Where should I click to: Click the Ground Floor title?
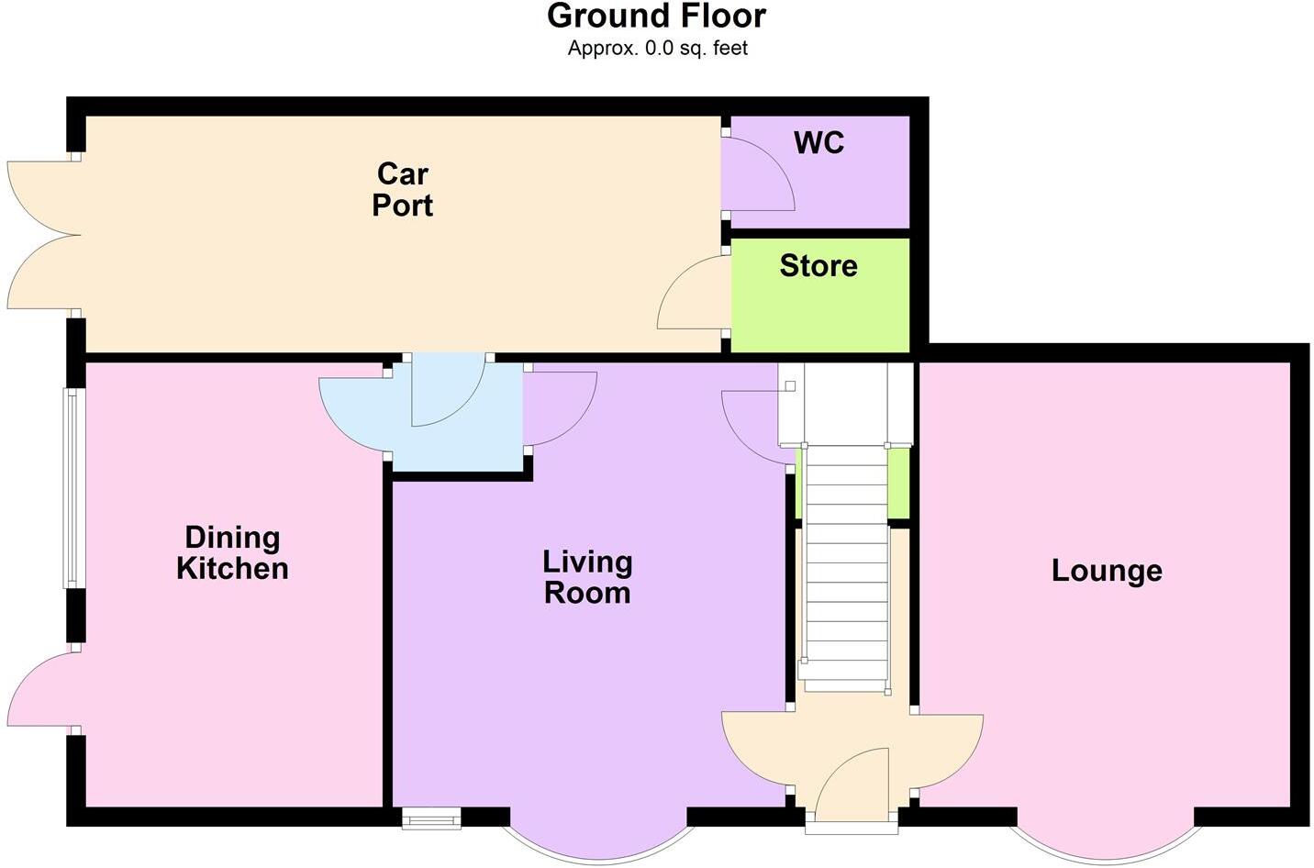click(656, 17)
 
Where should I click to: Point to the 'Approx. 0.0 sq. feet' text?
click(656, 49)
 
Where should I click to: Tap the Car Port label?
click(402, 189)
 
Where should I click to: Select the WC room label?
click(818, 143)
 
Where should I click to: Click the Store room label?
click(818, 266)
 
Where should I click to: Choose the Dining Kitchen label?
click(232, 553)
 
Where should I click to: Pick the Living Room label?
click(587, 577)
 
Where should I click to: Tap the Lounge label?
click(1107, 571)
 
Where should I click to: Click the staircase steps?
click(842, 569)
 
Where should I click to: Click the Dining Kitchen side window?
click(73, 488)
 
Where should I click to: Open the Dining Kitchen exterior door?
click(41, 690)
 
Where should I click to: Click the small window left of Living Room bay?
click(431, 818)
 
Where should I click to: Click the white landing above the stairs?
click(844, 404)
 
